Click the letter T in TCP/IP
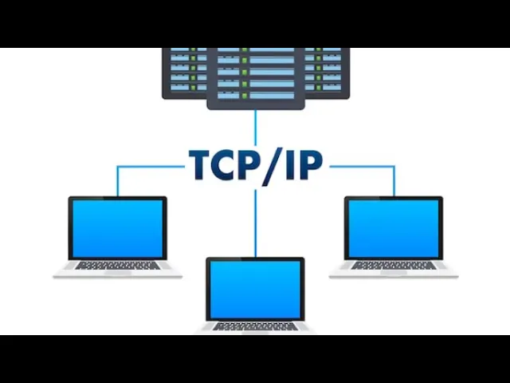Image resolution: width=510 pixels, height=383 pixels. tap(201, 164)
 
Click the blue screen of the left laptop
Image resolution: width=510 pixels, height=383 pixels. tap(117, 227)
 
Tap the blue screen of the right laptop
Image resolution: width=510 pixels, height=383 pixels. tap(393, 227)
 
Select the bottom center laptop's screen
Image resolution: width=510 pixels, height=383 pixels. tap(255, 288)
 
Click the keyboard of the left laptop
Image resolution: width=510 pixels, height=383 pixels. tap(117, 265)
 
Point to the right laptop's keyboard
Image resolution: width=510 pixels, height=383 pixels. tap(393, 265)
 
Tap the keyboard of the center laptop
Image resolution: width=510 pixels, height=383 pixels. tap(255, 326)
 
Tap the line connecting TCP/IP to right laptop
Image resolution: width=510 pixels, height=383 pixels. tap(363, 167)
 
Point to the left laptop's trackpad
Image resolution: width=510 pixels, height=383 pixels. tap(117, 273)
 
